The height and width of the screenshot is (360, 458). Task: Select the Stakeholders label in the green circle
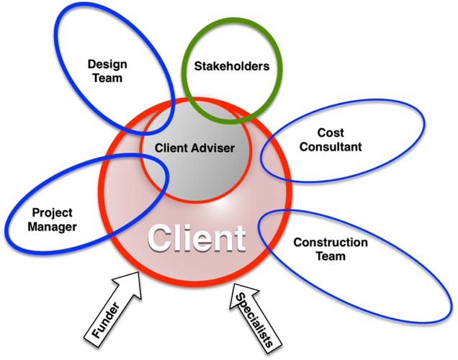coord(232,66)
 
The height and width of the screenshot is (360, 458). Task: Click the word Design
coord(108,63)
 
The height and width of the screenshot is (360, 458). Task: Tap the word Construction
coord(331,242)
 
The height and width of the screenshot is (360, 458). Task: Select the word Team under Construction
coord(331,256)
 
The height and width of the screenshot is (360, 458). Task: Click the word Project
coord(53,212)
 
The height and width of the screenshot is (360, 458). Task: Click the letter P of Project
coord(36,212)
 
